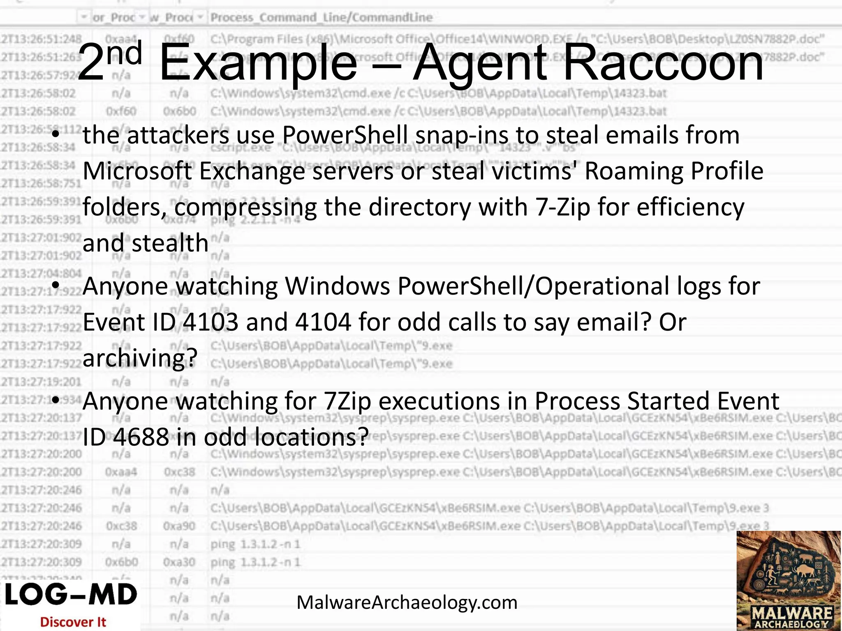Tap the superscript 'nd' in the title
click(x=124, y=53)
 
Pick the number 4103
click(x=210, y=322)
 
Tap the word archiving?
click(x=140, y=358)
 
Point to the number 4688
click(x=141, y=437)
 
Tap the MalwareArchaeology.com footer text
click(x=407, y=603)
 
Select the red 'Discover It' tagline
click(x=73, y=622)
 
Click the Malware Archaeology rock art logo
click(x=789, y=580)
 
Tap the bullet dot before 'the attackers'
click(x=56, y=135)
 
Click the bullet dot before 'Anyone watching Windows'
click(x=56, y=286)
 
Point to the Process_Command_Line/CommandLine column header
click(x=321, y=18)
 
